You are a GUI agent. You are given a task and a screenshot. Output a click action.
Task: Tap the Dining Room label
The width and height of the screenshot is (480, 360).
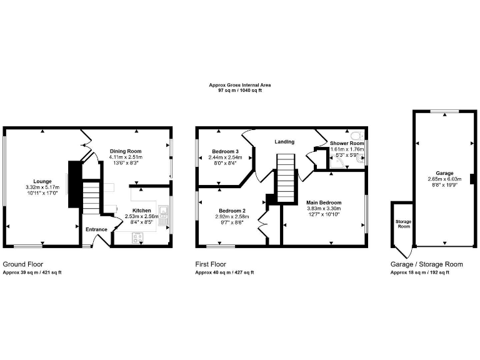click(126, 151)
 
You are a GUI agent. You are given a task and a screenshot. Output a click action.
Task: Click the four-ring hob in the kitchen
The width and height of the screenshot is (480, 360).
click(137, 237)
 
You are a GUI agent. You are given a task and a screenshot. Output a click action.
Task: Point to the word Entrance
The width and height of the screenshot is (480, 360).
click(97, 229)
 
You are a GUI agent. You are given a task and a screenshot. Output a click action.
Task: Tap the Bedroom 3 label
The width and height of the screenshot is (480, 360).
click(224, 152)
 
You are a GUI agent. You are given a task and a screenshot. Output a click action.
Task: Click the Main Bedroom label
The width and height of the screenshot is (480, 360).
click(324, 203)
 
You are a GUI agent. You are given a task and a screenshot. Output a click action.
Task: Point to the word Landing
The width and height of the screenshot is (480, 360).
click(284, 142)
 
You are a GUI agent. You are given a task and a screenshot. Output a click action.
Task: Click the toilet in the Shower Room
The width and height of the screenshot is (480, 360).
click(357, 136)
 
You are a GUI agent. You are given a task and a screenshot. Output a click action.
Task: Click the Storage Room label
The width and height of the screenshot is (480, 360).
click(402, 224)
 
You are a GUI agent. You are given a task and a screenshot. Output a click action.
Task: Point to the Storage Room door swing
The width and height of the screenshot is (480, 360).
click(407, 253)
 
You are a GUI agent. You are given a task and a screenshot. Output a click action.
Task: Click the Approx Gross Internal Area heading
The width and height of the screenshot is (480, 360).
click(240, 85)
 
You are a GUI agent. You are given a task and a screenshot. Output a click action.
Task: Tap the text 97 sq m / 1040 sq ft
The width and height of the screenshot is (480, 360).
click(240, 91)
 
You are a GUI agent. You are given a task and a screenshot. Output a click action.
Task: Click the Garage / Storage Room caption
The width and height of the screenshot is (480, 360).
click(426, 264)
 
